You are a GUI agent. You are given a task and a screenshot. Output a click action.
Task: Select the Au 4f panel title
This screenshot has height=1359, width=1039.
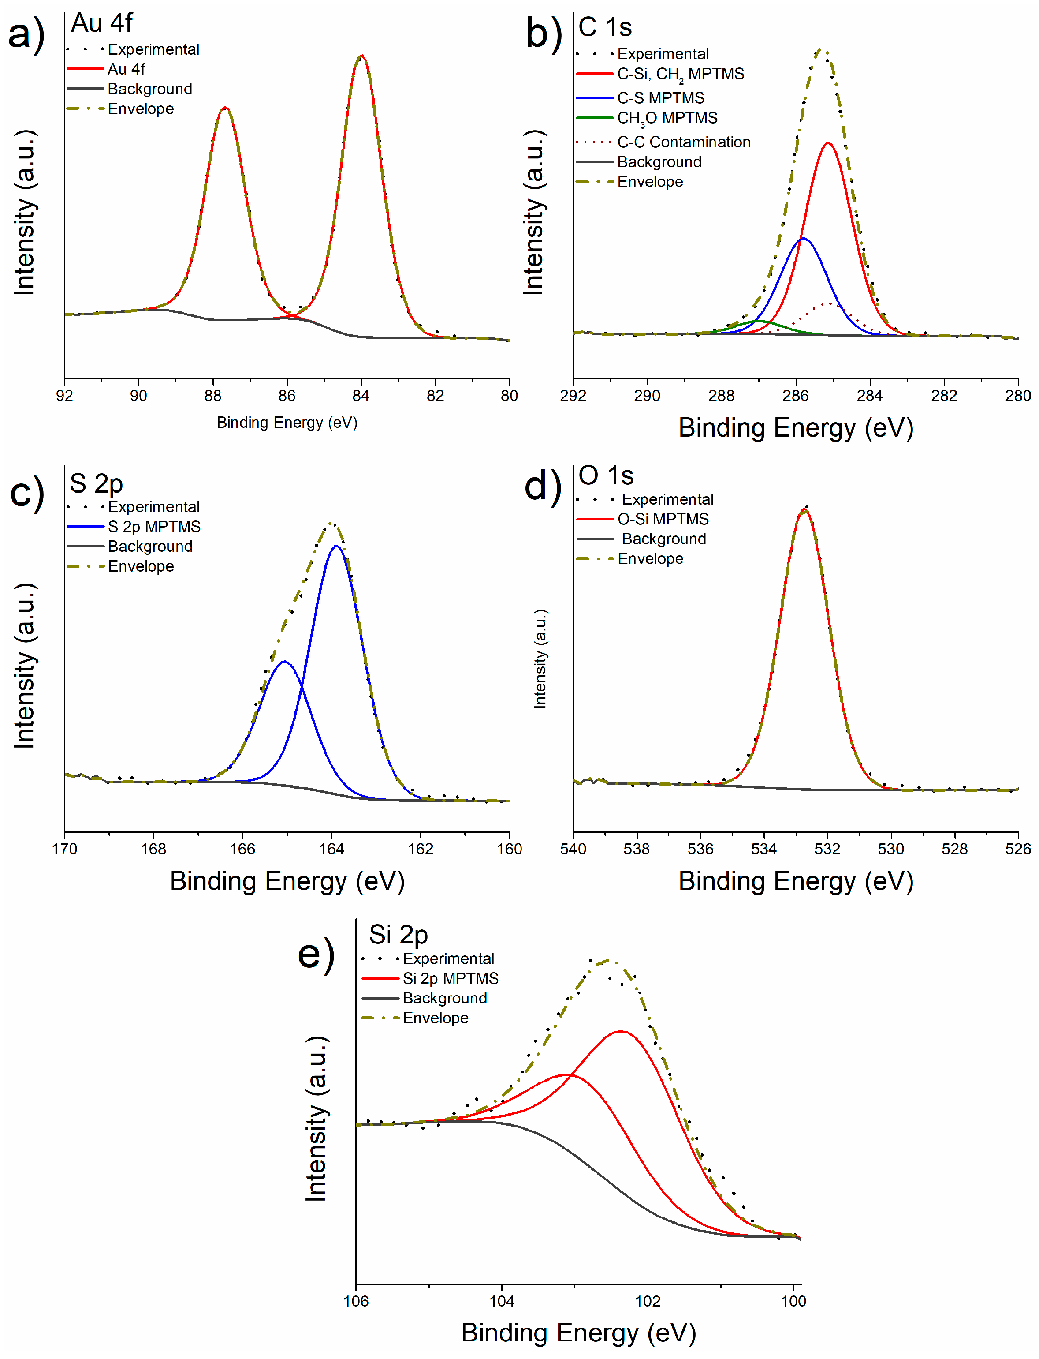pyautogui.click(x=101, y=23)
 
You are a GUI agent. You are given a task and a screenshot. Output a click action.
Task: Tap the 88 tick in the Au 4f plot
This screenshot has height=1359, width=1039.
pyautogui.click(x=213, y=395)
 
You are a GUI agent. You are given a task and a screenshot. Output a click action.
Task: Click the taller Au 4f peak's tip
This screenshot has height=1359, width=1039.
pyautogui.click(x=361, y=56)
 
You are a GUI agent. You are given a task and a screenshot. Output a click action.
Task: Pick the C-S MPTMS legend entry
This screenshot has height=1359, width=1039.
pyautogui.click(x=660, y=98)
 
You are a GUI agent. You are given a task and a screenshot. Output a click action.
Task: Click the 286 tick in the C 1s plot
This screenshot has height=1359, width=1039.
pyautogui.click(x=795, y=395)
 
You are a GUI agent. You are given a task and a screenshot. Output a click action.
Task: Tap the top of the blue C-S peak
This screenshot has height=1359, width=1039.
pyautogui.click(x=803, y=238)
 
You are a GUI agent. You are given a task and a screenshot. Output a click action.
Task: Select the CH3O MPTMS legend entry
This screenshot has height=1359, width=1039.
pyautogui.click(x=667, y=118)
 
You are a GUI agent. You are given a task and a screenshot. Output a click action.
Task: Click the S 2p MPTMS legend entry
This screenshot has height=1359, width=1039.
pyautogui.click(x=154, y=527)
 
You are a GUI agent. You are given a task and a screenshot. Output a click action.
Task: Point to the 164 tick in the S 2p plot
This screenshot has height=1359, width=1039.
pyautogui.click(x=331, y=849)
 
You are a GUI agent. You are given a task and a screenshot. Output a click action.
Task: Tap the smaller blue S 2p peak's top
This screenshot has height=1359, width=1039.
pyautogui.click(x=284, y=662)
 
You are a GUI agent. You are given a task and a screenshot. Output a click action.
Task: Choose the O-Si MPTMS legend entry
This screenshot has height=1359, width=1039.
pyautogui.click(x=663, y=519)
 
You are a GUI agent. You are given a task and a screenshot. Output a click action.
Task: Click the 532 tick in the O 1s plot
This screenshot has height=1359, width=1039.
pyautogui.click(x=827, y=849)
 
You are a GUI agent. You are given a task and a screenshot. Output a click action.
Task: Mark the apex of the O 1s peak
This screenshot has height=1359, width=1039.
pyautogui.click(x=804, y=510)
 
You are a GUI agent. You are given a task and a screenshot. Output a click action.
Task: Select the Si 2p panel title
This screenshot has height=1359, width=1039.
pyautogui.click(x=398, y=935)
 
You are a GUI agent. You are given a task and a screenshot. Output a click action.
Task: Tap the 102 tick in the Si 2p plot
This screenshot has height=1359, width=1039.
pyautogui.click(x=648, y=1301)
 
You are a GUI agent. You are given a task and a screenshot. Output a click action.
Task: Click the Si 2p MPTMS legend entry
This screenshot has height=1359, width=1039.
pyautogui.click(x=450, y=978)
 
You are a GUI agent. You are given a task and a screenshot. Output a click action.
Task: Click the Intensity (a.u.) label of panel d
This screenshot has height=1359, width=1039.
pyautogui.click(x=540, y=659)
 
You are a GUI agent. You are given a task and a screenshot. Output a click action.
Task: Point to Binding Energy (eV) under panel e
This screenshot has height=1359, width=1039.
pyautogui.click(x=578, y=1333)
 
